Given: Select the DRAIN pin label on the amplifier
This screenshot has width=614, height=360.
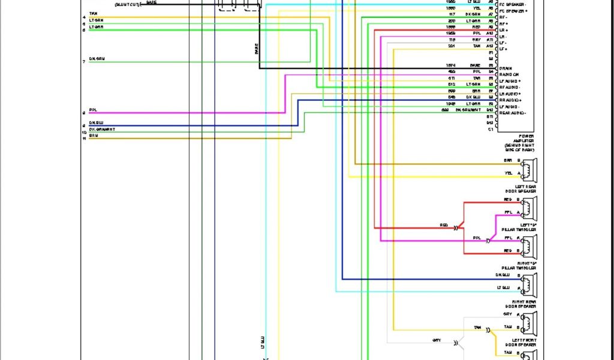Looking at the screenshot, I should tap(505, 68).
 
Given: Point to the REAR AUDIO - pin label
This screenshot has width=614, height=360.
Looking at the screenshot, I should tap(512, 113).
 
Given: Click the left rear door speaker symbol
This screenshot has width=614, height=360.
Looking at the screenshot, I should tap(528, 170).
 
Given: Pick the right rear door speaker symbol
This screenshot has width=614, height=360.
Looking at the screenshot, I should tap(528, 285).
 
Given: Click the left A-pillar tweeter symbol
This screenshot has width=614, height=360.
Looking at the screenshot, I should tap(528, 208).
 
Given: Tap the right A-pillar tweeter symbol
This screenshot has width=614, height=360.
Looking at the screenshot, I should tap(528, 247).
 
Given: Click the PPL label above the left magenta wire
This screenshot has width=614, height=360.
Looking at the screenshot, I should tap(93, 110).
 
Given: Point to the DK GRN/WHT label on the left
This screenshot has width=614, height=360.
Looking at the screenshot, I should tap(102, 129).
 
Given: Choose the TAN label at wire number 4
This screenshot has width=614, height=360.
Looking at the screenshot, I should tap(93, 13).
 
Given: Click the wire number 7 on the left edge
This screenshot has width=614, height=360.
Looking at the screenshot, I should tap(84, 62).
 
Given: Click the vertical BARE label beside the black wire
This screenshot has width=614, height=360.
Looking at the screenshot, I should tap(257, 49).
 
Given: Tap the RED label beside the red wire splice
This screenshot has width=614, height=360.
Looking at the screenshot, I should tap(444, 225).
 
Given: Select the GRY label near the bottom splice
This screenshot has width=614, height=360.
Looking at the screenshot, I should tap(437, 340).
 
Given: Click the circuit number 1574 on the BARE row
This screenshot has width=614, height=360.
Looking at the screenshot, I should tap(450, 65).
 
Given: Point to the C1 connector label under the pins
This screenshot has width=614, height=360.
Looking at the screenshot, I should tap(490, 129).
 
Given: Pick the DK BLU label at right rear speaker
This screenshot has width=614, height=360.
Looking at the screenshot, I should tap(502, 275).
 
